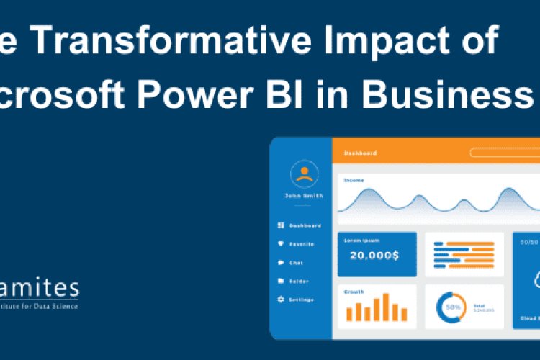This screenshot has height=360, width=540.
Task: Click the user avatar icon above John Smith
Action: pyautogui.click(x=304, y=174)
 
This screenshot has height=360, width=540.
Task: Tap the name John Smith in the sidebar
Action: pyautogui.click(x=304, y=196)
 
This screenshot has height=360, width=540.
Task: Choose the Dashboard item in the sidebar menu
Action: pyautogui.click(x=305, y=225)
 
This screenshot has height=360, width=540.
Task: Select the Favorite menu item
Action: pyautogui.click(x=301, y=244)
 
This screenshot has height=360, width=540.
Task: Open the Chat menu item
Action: pyautogui.click(x=296, y=263)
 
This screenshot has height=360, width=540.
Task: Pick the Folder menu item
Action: pyautogui.click(x=299, y=281)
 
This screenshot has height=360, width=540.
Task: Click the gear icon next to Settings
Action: pyautogui.click(x=280, y=300)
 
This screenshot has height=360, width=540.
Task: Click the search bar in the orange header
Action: pyautogui.click(x=504, y=153)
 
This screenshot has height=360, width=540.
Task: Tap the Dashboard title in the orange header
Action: pyautogui.click(x=360, y=153)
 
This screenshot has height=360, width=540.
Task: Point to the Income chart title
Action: pyautogui.click(x=354, y=180)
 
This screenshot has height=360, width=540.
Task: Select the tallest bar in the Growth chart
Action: pyautogui.click(x=386, y=307)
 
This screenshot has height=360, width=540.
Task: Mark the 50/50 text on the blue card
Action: pyautogui.click(x=530, y=242)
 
